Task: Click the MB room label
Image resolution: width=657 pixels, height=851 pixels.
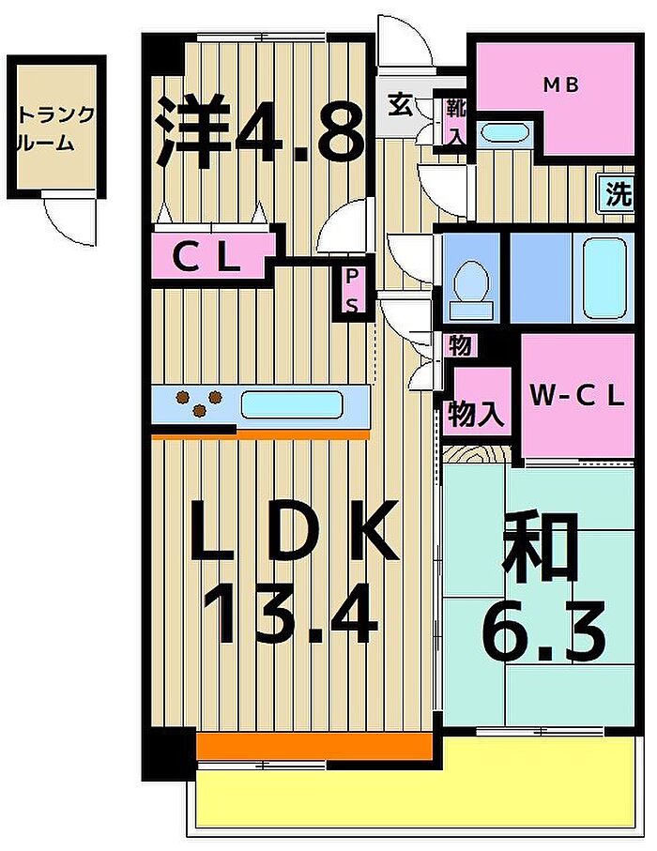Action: (561, 84)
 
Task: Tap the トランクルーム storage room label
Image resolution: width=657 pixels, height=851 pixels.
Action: (56, 129)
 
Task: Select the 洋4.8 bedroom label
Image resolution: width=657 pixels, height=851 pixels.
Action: (261, 130)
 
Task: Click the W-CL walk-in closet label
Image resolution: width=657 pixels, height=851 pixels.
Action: (577, 397)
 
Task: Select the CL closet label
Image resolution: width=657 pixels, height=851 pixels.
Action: (206, 259)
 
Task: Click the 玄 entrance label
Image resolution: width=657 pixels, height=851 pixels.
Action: (399, 105)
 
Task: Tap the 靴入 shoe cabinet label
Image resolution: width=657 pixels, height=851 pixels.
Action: (456, 122)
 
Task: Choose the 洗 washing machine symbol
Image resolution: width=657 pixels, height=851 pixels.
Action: (619, 194)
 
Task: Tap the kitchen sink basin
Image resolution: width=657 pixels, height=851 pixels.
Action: (292, 405)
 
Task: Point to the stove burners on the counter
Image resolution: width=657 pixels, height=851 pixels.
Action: (199, 403)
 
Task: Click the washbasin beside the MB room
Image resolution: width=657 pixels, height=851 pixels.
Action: (504, 132)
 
